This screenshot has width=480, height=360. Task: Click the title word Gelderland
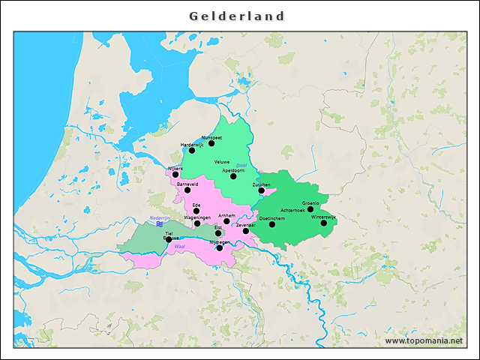(237, 16)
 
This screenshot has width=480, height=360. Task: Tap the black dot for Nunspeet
(211, 143)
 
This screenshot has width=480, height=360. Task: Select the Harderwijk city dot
(192, 151)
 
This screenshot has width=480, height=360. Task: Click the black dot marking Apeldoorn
(233, 176)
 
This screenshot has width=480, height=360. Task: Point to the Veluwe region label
(222, 162)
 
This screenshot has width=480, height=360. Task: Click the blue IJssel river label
(241, 165)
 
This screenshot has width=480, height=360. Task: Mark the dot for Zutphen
(262, 190)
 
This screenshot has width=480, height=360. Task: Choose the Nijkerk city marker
(175, 174)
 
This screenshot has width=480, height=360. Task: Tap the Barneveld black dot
(188, 190)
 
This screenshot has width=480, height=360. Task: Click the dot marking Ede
(197, 211)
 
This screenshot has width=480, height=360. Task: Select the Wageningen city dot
(197, 223)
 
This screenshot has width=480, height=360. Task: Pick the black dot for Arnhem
(226, 221)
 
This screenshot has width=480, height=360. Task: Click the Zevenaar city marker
(246, 231)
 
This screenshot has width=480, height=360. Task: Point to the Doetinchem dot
(272, 224)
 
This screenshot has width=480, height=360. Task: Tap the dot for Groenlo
(310, 209)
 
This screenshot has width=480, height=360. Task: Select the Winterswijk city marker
(324, 223)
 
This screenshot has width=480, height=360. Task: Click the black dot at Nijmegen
(219, 247)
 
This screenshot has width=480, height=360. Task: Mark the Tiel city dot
(169, 239)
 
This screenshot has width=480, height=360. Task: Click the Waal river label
(179, 246)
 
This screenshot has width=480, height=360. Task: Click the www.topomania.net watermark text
(424, 340)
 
